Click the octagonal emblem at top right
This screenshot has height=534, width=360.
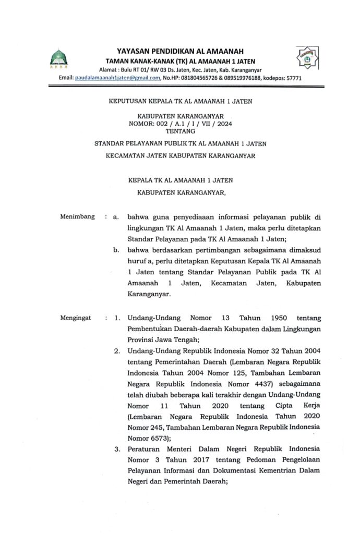click(x=304, y=58)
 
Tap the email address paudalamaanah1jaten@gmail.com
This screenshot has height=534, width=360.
click(x=116, y=78)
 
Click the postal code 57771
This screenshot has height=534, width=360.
click(x=292, y=78)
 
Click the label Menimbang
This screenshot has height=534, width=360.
click(x=77, y=216)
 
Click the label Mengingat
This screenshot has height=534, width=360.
click(x=77, y=317)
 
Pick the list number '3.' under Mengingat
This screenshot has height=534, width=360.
click(x=117, y=449)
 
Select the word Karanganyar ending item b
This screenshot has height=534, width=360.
click(x=149, y=294)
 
